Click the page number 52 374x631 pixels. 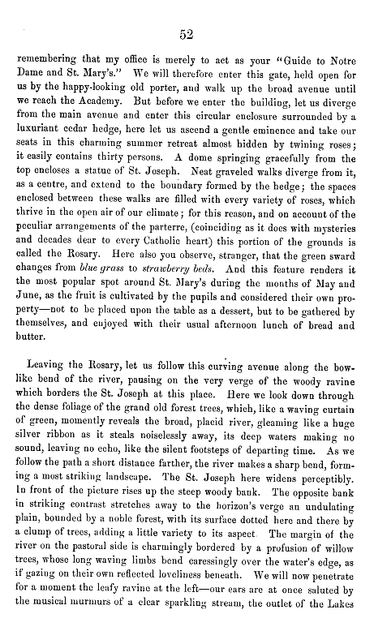(186, 33)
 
